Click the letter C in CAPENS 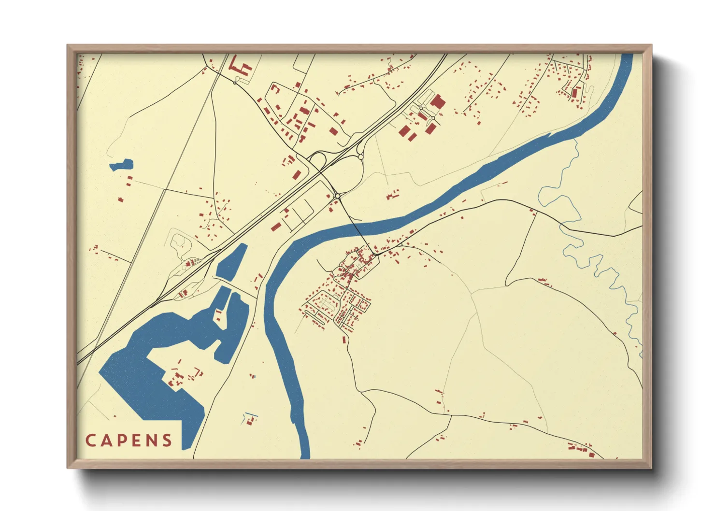click(90, 440)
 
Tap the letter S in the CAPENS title click(167, 440)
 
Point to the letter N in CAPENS click(152, 440)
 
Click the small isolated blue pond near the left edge click(121, 165)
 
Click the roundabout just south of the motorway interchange click(337, 196)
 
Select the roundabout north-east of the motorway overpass click(360, 156)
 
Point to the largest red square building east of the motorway click(438, 102)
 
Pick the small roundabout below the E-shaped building click(235, 83)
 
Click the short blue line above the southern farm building click(250, 415)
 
